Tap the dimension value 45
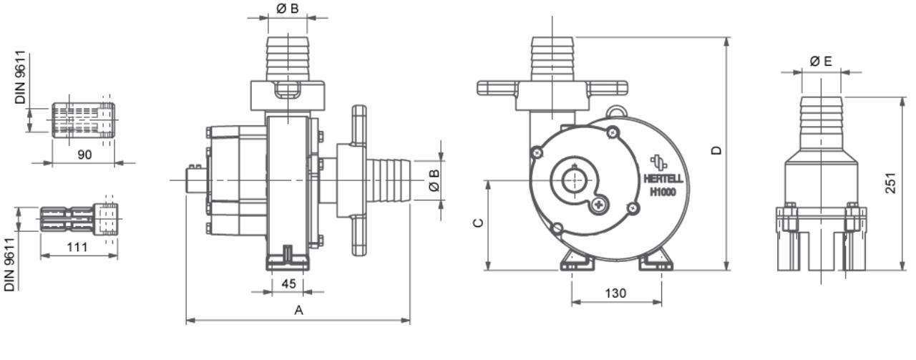click(288, 283)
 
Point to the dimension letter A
click(299, 311)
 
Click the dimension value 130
click(616, 293)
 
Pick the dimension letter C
click(478, 223)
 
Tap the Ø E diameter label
click(821, 62)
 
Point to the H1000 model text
click(663, 191)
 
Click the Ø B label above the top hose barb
click(287, 8)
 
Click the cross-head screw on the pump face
click(598, 205)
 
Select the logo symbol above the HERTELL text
click(658, 162)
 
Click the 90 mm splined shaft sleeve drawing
click(83, 117)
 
